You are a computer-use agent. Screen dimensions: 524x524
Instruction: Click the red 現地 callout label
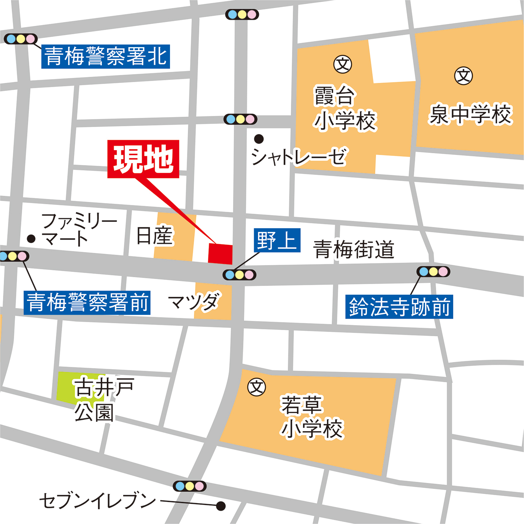coord(143,159)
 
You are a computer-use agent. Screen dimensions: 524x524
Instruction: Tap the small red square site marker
coord(220,254)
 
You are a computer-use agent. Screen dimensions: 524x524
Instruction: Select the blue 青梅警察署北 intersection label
coord(105,57)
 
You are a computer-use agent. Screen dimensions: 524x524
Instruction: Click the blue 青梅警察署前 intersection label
coord(87,303)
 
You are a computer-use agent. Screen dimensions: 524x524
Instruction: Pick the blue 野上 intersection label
coord(277,240)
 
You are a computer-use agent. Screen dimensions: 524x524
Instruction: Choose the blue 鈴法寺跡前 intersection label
coord(399,307)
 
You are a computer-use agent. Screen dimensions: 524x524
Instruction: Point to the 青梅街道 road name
coord(354,250)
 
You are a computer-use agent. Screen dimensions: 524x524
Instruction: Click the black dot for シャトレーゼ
coord(259,139)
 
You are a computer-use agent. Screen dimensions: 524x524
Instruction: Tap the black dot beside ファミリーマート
coord(31,239)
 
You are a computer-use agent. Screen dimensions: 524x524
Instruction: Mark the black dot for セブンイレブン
coord(221,506)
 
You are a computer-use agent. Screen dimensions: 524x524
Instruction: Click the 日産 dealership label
coord(155,236)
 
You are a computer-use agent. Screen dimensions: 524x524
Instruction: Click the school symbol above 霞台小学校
coord(343,64)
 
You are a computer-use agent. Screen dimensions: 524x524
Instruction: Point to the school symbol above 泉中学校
coord(464,76)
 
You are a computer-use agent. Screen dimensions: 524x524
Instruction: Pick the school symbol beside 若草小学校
coord(257,387)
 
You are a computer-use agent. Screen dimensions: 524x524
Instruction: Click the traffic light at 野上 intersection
coord(239,275)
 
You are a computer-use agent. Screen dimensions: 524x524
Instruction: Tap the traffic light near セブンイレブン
coord(190,486)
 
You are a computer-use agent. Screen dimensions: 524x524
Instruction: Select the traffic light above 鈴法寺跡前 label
coord(433,272)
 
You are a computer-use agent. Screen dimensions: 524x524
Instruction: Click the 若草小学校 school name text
coord(312,417)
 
